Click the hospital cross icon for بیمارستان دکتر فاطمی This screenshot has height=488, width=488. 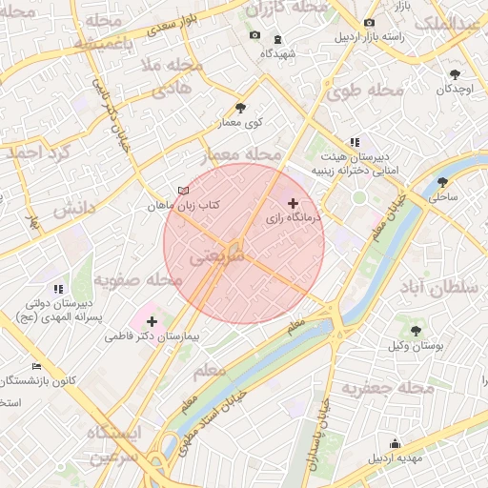(x=152, y=321)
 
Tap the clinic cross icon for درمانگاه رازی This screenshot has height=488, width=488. (x=293, y=203)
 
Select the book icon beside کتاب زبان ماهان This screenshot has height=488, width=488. (x=183, y=191)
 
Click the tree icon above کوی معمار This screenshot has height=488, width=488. (x=239, y=109)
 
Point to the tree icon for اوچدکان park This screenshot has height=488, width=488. (x=455, y=74)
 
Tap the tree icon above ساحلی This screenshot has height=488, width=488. (x=442, y=182)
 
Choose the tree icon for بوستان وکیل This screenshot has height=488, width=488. (x=416, y=330)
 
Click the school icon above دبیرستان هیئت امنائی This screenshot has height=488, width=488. (x=355, y=141)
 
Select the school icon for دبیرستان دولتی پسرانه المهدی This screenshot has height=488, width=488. (x=58, y=288)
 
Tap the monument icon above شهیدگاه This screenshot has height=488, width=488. (x=277, y=39)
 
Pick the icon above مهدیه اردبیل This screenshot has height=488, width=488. (x=395, y=443)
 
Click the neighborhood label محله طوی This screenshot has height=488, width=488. (x=364, y=92)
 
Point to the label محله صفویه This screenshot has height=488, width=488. (x=138, y=280)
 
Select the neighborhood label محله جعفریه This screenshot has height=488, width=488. (x=381, y=388)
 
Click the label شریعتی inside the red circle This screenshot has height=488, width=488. (x=218, y=257)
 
